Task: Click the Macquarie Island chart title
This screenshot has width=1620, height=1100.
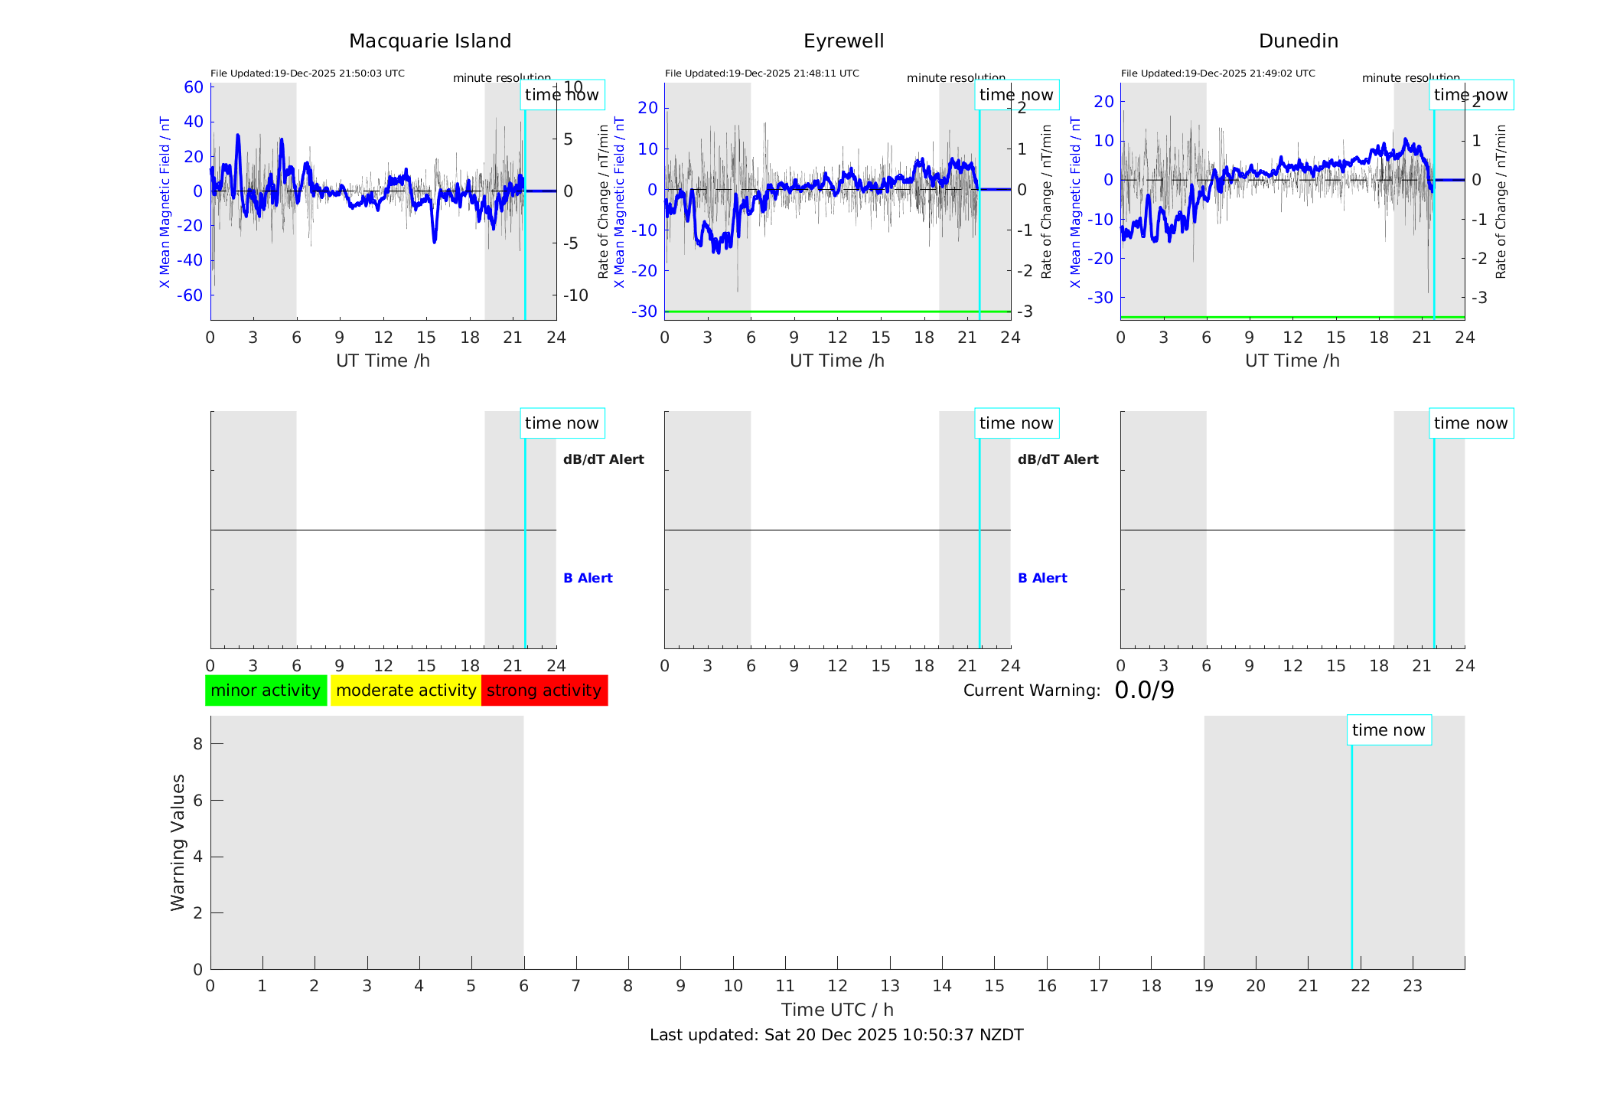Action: [429, 41]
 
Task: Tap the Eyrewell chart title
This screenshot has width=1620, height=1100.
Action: [843, 41]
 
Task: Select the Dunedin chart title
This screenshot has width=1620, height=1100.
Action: [1298, 41]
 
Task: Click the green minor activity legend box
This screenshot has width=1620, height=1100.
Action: [266, 690]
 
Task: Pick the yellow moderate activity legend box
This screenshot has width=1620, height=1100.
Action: [406, 690]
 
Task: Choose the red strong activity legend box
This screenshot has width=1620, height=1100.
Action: [544, 690]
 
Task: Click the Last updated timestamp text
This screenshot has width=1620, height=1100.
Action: [836, 1035]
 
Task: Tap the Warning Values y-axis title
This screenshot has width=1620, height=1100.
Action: [178, 842]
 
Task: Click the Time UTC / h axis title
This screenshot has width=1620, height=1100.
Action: [836, 1010]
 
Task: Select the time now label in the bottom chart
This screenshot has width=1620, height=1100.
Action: [1388, 730]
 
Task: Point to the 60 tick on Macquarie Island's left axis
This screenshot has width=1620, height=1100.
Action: [194, 87]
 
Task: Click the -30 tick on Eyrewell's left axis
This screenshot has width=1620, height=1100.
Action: [644, 312]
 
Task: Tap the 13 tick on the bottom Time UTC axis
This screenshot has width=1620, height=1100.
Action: [889, 986]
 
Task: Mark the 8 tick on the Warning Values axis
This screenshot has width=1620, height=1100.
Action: [197, 743]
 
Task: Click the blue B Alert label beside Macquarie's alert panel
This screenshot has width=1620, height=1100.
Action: [588, 578]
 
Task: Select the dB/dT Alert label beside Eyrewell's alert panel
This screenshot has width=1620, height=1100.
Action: [1058, 459]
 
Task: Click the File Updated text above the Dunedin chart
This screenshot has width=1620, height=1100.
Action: [1217, 73]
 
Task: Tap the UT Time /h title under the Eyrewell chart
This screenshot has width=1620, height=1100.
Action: [836, 361]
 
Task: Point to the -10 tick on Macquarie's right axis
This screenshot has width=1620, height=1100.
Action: [575, 295]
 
